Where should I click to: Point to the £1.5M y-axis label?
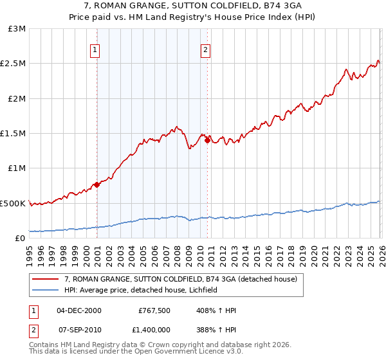(14, 134)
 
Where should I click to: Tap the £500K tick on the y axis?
(13, 203)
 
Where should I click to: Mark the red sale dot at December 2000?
(96, 184)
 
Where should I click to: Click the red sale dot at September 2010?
(207, 140)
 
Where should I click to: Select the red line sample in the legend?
(46, 280)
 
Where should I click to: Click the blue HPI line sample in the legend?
(46, 291)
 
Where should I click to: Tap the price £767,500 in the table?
(154, 310)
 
